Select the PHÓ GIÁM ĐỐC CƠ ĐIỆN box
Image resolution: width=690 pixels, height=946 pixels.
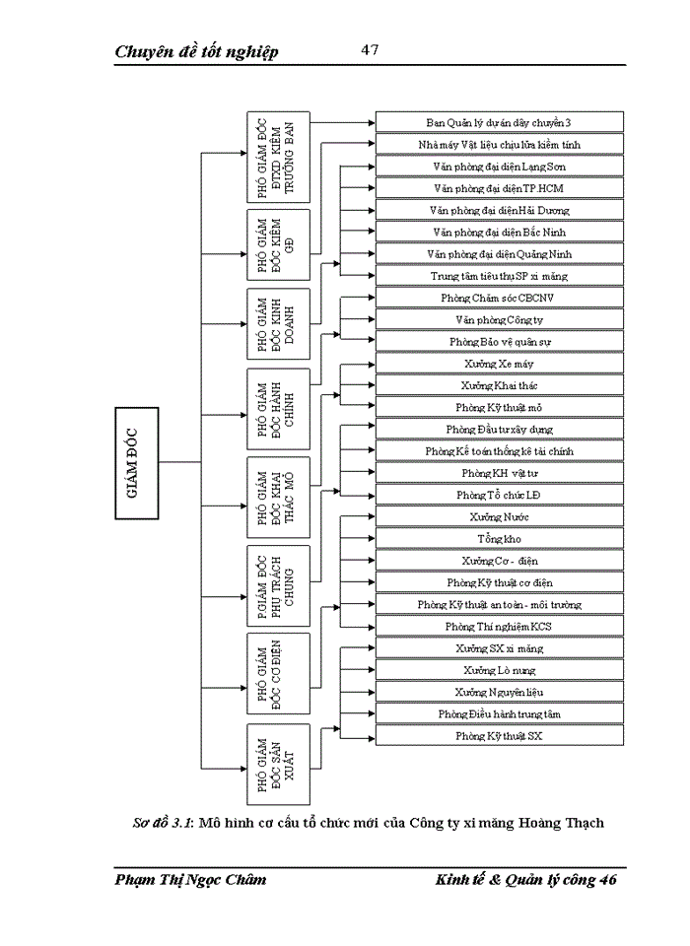pyautogui.click(x=278, y=673)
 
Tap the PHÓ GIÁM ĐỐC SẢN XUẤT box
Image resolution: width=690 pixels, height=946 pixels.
pyautogui.click(x=278, y=763)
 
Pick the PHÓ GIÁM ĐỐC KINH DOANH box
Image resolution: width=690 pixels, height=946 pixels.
pyautogui.click(x=278, y=323)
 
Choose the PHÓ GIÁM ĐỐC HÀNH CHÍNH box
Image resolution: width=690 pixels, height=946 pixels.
pyautogui.click(x=278, y=405)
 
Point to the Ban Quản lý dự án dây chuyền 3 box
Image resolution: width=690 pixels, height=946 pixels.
pyautogui.click(x=499, y=122)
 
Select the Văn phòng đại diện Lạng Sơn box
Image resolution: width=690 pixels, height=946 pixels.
pyautogui.click(x=499, y=167)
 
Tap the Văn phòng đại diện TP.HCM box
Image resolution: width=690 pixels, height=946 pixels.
pyautogui.click(x=499, y=188)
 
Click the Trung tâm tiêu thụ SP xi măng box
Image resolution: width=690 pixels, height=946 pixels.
pyautogui.click(x=499, y=276)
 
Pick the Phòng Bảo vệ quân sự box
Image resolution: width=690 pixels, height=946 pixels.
pyautogui.click(x=499, y=342)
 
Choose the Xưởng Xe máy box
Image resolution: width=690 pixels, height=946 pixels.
pyautogui.click(x=499, y=364)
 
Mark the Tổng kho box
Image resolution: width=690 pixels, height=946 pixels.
pyautogui.click(x=499, y=539)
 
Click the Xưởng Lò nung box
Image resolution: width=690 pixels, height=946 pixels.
pyautogui.click(x=499, y=670)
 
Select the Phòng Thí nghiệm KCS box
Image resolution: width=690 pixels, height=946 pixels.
pyautogui.click(x=499, y=627)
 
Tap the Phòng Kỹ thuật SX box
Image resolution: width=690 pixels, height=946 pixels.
pyautogui.click(x=499, y=736)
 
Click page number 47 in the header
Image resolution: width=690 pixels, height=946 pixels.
pyautogui.click(x=370, y=49)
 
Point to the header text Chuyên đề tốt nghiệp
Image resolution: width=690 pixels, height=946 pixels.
pyautogui.click(x=196, y=51)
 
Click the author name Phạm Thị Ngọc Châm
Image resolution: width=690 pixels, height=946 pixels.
pyautogui.click(x=190, y=879)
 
